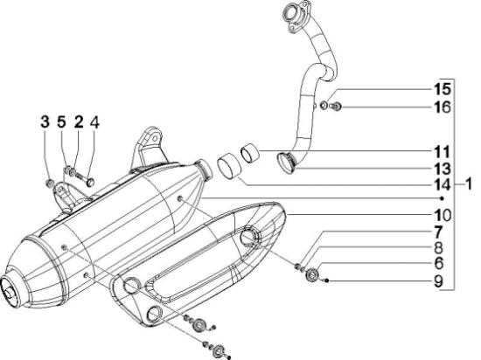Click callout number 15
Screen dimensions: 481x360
442,89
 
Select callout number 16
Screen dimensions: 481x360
442,107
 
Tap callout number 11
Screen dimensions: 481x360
442,152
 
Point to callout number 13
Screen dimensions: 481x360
442,169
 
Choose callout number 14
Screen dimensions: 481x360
442,185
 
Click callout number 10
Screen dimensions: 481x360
442,215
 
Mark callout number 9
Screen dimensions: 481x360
439,281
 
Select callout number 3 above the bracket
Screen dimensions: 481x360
45,122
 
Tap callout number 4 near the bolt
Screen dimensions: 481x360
94,122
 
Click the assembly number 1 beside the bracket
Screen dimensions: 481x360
468,184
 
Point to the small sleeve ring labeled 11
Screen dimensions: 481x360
249,151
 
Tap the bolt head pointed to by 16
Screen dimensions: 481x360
336,107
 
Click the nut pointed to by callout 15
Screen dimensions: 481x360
324,106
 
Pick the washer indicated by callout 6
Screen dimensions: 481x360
312,273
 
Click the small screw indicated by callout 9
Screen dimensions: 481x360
326,280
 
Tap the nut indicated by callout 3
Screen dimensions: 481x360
49,183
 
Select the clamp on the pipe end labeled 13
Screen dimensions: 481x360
287,163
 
